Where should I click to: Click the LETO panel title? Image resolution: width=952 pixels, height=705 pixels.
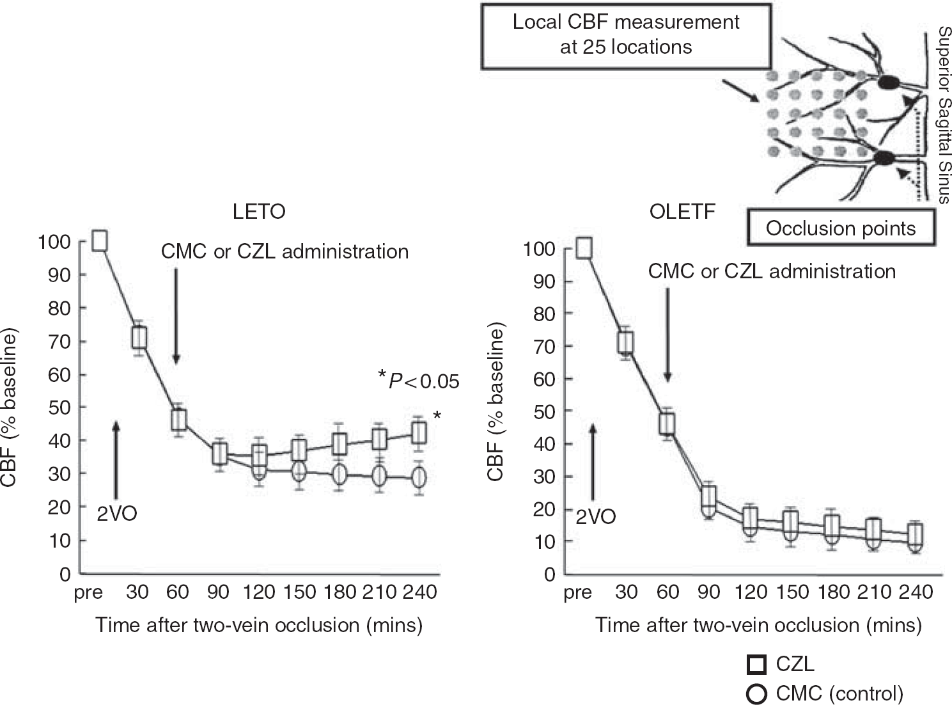[259, 212]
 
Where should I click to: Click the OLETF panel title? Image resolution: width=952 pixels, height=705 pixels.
[682, 212]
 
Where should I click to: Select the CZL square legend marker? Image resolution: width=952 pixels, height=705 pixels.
[756, 665]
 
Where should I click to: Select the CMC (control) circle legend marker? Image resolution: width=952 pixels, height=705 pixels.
[756, 693]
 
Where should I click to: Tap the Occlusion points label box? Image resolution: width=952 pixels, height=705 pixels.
[841, 228]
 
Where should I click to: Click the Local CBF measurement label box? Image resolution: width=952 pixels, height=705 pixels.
[626, 36]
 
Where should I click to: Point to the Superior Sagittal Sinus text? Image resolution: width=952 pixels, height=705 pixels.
[944, 115]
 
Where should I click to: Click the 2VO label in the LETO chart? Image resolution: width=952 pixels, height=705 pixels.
[117, 513]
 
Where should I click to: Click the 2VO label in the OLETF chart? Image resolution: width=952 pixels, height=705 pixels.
[595, 516]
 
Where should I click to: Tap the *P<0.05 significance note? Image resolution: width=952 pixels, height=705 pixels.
[419, 380]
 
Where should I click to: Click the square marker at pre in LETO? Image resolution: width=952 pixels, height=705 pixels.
[100, 241]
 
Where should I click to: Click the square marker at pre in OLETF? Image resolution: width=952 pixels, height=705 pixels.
[584, 248]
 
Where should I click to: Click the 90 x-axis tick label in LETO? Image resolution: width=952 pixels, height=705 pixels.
[218, 592]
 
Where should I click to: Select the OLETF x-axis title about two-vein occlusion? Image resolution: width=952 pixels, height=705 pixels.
[758, 626]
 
